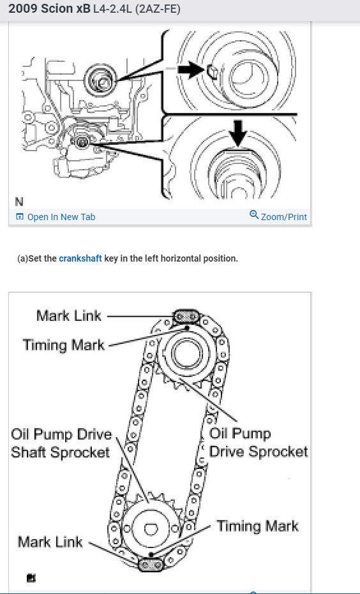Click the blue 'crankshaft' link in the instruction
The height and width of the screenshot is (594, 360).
[80, 258]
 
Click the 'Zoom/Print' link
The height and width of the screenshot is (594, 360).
[284, 217]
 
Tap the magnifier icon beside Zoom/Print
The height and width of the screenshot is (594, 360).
[254, 215]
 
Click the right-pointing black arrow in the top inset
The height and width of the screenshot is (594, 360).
[191, 70]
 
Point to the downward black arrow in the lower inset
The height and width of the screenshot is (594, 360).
[237, 133]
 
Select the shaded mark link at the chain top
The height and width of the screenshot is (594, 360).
[186, 316]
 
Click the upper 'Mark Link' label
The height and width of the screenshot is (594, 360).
[69, 316]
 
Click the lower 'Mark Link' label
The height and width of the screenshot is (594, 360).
[50, 542]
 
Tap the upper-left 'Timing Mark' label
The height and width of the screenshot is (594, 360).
[64, 345]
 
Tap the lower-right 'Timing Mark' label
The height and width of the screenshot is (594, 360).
[257, 526]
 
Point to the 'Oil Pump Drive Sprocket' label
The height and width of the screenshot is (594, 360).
[259, 443]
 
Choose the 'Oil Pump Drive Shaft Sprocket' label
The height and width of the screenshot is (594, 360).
[61, 443]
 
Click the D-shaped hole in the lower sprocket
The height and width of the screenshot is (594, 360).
[151, 528]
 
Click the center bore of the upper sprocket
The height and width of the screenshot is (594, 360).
[186, 353]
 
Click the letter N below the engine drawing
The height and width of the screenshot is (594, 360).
[19, 202]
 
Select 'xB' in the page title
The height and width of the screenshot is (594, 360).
[84, 9]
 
